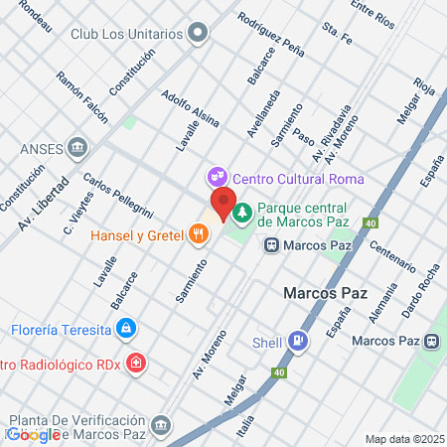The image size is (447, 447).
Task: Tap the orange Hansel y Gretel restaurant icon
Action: (200, 234)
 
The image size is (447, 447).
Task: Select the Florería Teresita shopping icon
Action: (125, 329)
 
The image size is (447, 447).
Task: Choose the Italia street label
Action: (244, 429)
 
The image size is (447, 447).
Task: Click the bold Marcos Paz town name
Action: (326, 294)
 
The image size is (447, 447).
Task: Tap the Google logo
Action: (35, 434)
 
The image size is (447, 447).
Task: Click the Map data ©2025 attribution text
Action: (403, 439)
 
